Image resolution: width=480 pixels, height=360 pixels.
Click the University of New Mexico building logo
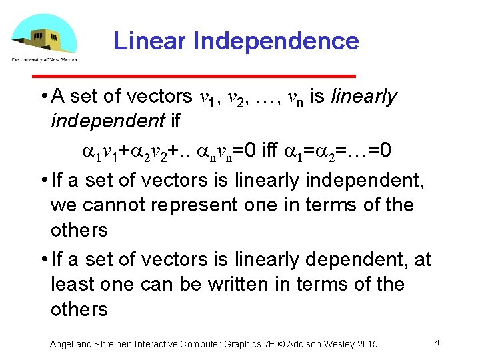click(x=43, y=35)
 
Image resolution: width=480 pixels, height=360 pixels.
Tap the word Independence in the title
click(x=276, y=41)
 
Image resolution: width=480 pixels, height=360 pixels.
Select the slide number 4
click(x=436, y=342)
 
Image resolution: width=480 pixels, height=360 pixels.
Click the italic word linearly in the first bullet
click(x=364, y=97)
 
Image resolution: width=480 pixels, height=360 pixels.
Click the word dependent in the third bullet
click(x=351, y=258)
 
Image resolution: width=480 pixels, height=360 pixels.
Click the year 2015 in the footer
click(x=367, y=344)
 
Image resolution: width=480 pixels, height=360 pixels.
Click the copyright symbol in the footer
click(x=283, y=344)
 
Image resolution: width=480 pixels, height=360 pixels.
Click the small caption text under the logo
click(x=43, y=59)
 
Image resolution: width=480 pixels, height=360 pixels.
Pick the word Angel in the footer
click(x=62, y=344)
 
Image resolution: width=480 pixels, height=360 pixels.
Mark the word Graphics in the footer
click(x=240, y=344)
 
